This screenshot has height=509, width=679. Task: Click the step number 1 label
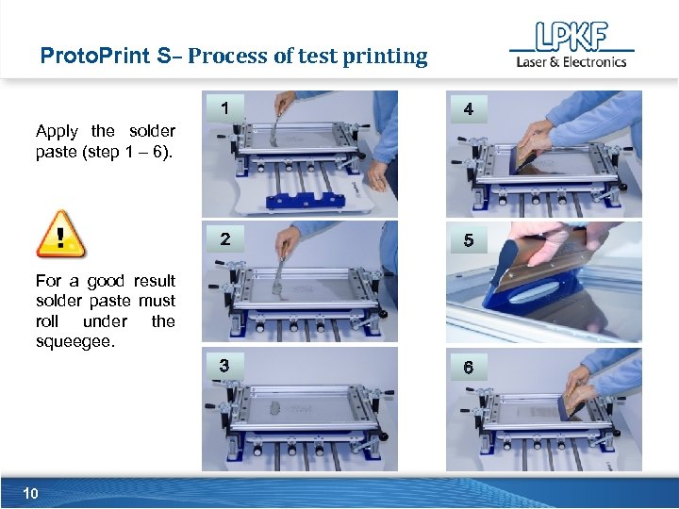coord(224,108)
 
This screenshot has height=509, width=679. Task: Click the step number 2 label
coord(224,239)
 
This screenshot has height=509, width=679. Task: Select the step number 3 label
coord(224,366)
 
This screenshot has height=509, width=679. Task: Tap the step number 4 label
coord(469,110)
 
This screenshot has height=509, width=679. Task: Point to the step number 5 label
coord(469,241)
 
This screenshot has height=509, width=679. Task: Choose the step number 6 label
coord(469,368)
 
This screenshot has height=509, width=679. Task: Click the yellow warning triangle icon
coord(60,235)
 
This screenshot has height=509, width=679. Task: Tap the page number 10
coord(30,493)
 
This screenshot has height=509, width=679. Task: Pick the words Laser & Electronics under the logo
coord(571,62)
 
